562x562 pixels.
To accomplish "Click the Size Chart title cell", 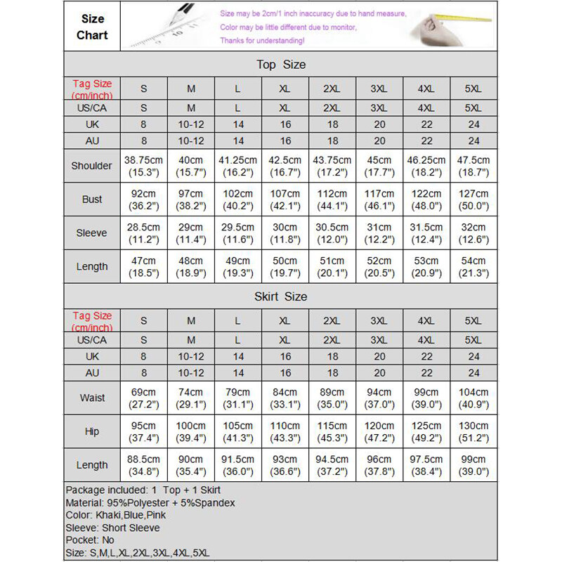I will pos(92,27).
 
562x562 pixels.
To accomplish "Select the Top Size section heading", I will pos(281,65).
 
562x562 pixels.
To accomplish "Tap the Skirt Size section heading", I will pos(281,296).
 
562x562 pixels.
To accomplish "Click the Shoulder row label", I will pos(92,166).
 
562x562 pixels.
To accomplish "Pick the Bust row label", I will pos(92,200).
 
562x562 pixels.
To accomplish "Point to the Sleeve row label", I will pos(92,233).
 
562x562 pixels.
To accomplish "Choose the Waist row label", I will pos(92,398).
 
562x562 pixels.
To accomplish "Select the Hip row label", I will pos(92,431).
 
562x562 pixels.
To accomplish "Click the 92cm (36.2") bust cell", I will pos(143,200).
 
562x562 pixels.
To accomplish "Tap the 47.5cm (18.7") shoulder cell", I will pos(473,166).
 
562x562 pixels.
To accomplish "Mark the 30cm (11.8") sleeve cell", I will pos(285,233).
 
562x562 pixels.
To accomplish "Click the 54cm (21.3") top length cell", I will pos(473,266).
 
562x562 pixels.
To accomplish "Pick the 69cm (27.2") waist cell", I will pos(143,398).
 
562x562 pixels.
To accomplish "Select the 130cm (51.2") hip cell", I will pos(473,431).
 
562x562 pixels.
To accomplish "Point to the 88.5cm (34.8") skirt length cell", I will pos(143,465).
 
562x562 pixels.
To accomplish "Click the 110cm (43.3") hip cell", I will pos(285,431).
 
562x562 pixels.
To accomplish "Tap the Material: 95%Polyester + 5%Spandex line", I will pos(150,503).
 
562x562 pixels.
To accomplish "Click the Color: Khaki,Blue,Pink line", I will pos(117,515).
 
